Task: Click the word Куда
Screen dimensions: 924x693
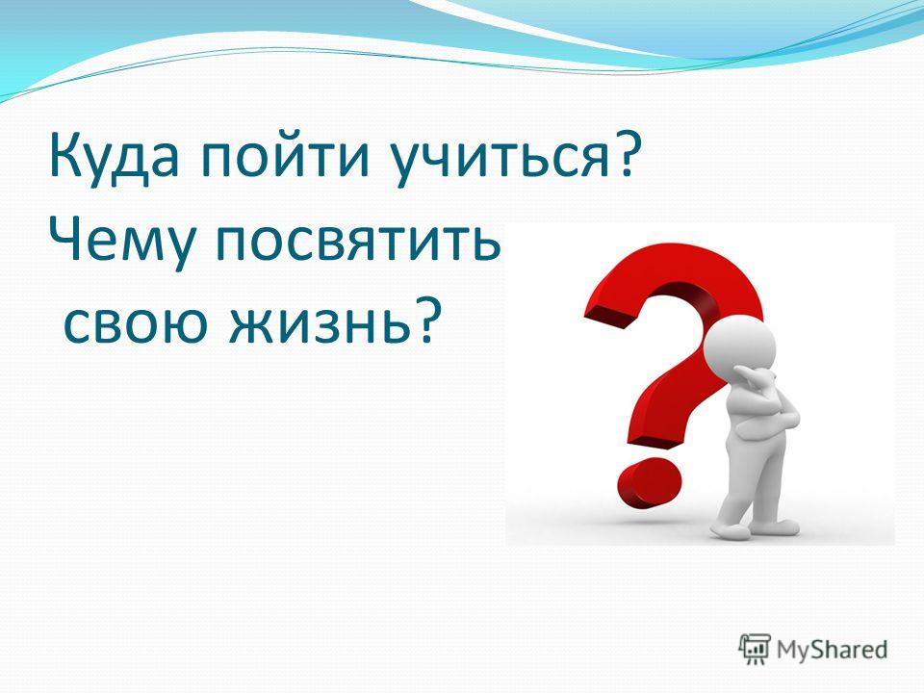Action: (115, 157)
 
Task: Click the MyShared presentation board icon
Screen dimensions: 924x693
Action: (755, 649)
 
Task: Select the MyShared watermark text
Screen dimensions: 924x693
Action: (832, 650)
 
